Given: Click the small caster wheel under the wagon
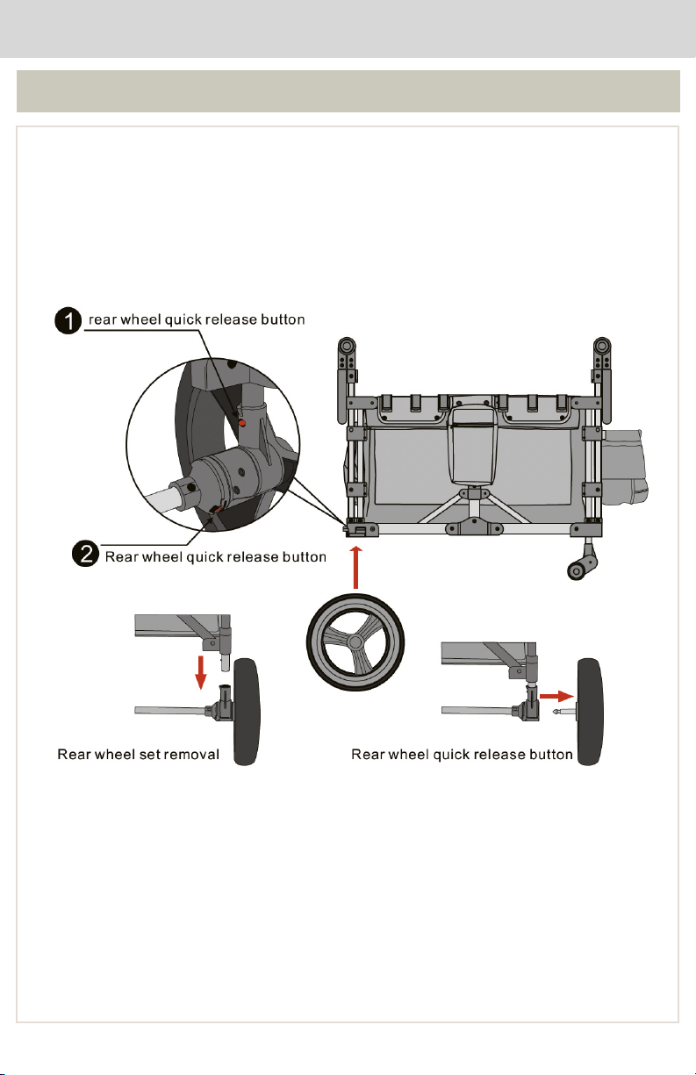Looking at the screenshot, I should [x=577, y=570].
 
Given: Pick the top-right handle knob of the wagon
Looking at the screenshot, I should [x=602, y=346].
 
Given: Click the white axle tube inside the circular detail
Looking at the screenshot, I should [x=163, y=507].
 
